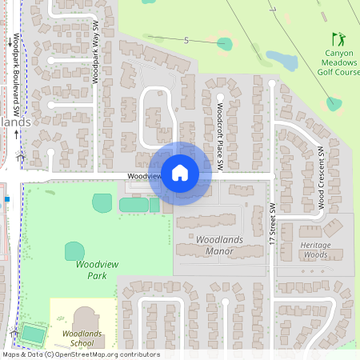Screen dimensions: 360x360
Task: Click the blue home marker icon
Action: tap(179, 172)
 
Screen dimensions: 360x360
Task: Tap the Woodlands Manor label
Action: tap(214, 245)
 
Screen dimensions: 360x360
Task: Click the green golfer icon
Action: tap(339, 38)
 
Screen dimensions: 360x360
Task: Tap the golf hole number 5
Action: tap(186, 40)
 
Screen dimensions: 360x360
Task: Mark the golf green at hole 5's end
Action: tap(225, 43)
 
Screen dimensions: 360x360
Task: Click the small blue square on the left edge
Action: tap(6, 198)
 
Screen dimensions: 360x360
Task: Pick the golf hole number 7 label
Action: tap(273, 10)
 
